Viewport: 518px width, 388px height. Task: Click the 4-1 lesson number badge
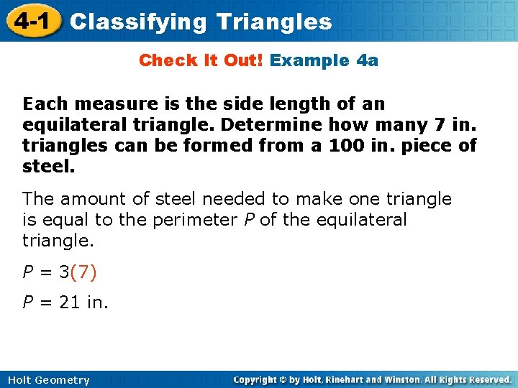(x=31, y=22)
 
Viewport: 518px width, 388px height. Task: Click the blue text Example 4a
(x=324, y=60)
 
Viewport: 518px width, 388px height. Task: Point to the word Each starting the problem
(x=45, y=104)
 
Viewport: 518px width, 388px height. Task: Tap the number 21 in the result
(x=69, y=303)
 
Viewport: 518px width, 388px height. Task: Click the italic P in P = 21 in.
(x=27, y=303)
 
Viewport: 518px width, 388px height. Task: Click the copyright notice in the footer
(x=372, y=379)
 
